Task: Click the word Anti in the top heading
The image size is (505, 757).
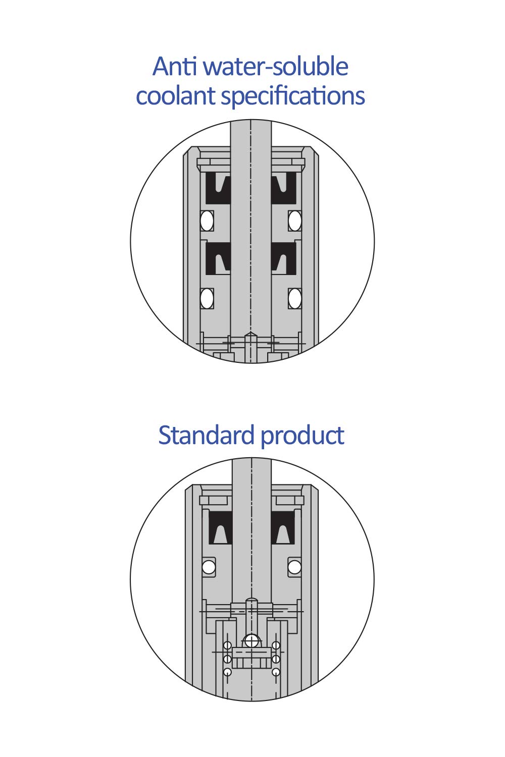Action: (174, 67)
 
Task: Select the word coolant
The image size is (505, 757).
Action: (175, 96)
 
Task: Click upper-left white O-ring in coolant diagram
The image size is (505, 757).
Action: (207, 221)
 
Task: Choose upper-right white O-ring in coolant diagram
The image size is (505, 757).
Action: (295, 221)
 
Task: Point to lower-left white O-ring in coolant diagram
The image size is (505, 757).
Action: (207, 298)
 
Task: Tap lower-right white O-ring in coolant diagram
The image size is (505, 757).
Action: (295, 298)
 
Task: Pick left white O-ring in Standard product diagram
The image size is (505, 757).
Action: (209, 567)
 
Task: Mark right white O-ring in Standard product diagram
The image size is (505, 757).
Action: (294, 567)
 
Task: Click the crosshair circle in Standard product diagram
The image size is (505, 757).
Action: (251, 641)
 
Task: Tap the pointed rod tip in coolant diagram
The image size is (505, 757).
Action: (251, 335)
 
